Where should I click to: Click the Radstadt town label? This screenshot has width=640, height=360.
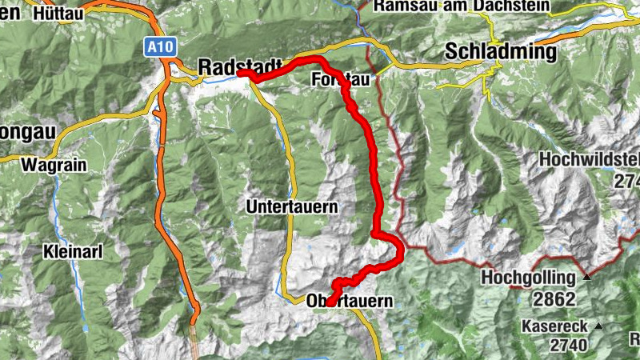[x=239, y=66]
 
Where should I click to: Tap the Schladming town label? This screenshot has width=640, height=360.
[x=499, y=52]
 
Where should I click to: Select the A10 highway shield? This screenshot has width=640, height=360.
[x=158, y=48]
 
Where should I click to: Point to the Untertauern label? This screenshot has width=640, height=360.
[x=293, y=206]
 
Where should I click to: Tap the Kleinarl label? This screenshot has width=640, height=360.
[x=73, y=252]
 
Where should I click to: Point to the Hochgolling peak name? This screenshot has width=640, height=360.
[x=529, y=278]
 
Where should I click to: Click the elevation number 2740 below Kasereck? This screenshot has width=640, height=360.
[x=568, y=345]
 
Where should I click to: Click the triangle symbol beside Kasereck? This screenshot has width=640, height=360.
[x=597, y=325]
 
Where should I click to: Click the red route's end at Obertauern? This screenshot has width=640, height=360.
[x=330, y=302]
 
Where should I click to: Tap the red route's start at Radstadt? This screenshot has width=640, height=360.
[x=241, y=74]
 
